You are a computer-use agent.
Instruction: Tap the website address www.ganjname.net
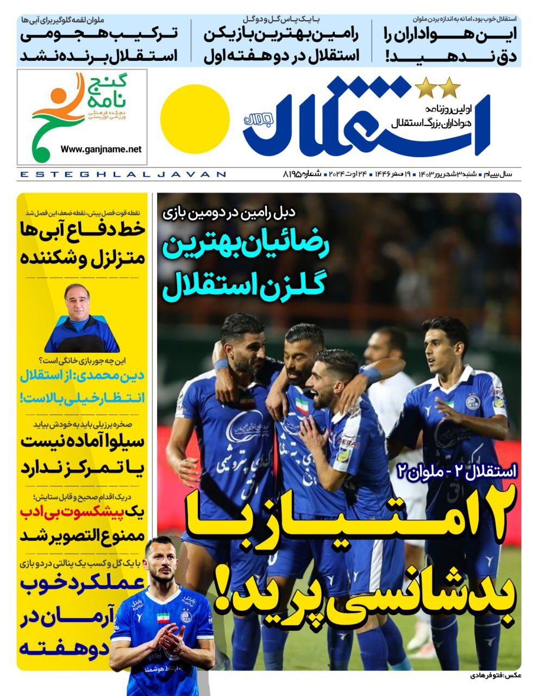(x=101, y=149)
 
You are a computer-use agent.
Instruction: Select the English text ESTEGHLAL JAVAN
(x=122, y=175)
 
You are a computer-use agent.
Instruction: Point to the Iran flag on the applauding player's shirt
(x=163, y=617)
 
